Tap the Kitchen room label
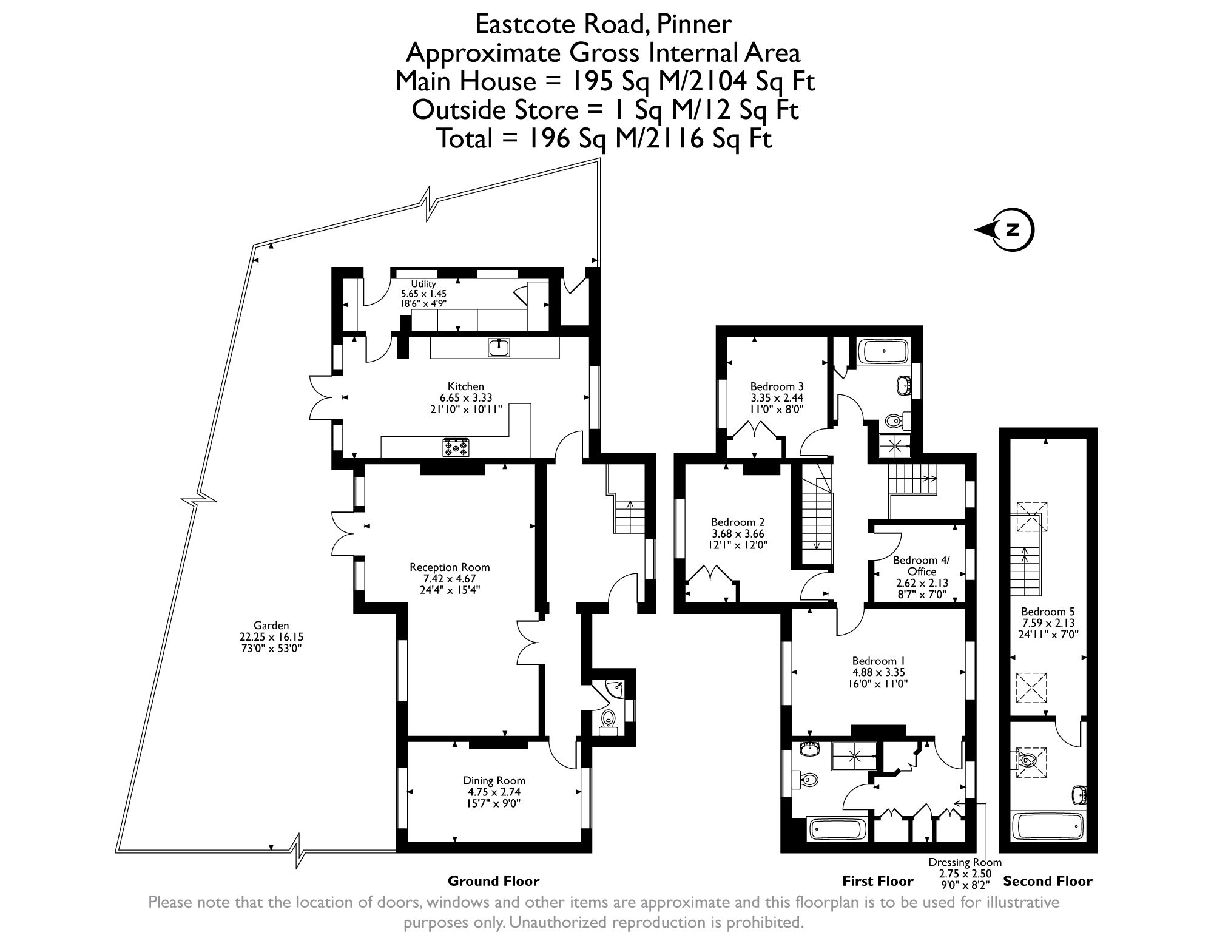coord(465,386)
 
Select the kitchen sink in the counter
coord(499,348)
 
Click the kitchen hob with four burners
coord(456,448)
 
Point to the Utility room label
coord(423,284)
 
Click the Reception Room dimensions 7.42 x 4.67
coord(450,578)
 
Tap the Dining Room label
coord(494,781)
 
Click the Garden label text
coord(271,626)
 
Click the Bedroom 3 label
coord(777,386)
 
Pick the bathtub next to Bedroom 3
coord(884,351)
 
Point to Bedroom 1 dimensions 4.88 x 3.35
coord(874,672)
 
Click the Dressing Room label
coord(965,862)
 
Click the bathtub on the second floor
coord(1048,827)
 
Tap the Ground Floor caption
coord(493,881)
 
